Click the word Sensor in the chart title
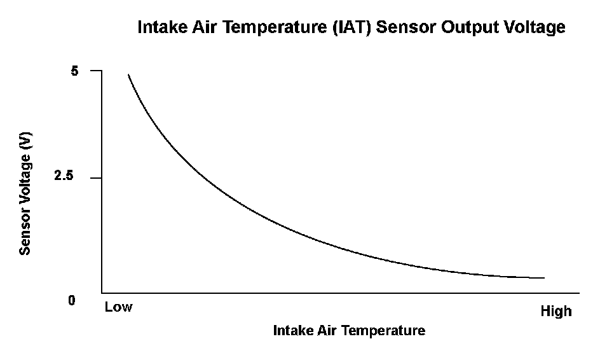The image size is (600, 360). [x=406, y=27]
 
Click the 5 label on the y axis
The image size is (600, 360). [x=74, y=71]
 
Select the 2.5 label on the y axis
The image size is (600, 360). [x=64, y=176]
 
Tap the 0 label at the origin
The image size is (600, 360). [x=72, y=301]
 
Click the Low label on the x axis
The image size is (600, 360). [x=119, y=307]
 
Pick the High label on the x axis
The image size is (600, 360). [x=556, y=311]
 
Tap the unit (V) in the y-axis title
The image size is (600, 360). [x=25, y=141]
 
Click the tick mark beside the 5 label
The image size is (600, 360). [x=96, y=71]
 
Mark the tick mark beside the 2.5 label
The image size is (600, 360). [x=96, y=177]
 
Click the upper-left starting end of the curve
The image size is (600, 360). [x=128, y=74]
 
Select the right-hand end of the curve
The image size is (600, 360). [x=544, y=278]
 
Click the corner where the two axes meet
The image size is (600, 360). [x=102, y=293]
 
